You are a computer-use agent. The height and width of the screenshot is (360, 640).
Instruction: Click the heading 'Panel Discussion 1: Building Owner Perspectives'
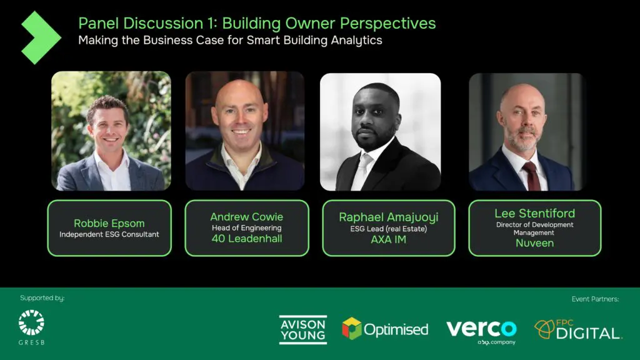[x=257, y=24]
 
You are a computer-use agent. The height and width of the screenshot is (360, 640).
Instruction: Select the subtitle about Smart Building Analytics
[x=230, y=41]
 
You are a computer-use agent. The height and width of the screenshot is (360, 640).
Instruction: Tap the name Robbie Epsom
[x=109, y=223]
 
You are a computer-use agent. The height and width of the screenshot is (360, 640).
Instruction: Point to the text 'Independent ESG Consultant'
[x=109, y=235]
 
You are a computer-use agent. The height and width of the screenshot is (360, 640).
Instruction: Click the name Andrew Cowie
[x=246, y=217]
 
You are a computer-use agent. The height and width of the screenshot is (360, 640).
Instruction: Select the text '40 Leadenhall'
[x=246, y=239]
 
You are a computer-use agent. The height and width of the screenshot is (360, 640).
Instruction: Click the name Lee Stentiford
[x=534, y=213]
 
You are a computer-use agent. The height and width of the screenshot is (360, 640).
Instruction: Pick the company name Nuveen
[x=534, y=243]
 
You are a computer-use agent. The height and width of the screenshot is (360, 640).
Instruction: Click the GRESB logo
[x=31, y=327]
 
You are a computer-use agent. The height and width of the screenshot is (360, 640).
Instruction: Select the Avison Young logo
[x=302, y=329]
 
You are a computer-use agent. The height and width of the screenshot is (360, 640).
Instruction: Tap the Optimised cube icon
[x=351, y=328]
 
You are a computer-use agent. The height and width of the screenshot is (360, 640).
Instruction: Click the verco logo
[x=481, y=329]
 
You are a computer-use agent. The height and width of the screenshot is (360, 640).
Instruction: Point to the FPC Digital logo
[x=578, y=330]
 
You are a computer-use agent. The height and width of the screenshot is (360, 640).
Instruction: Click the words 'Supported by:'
[x=42, y=298]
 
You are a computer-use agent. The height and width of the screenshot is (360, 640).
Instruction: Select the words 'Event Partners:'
[x=595, y=299]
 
